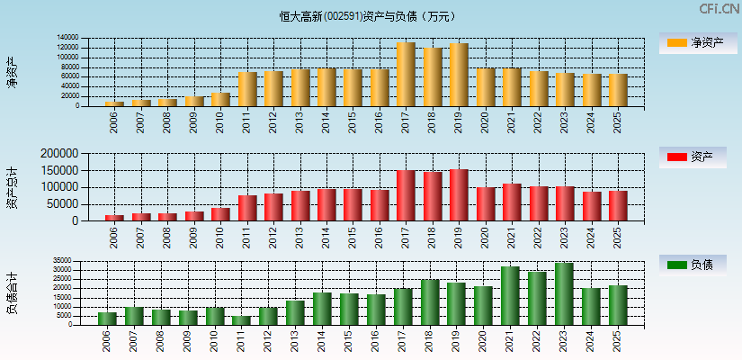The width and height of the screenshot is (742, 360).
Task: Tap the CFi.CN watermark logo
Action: (x=719, y=9)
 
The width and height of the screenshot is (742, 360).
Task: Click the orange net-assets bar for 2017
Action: (x=406, y=75)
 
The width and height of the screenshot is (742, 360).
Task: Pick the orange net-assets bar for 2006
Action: (x=114, y=103)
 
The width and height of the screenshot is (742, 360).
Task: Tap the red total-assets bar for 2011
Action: (x=247, y=208)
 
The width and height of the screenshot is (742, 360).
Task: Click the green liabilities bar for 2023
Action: (x=564, y=294)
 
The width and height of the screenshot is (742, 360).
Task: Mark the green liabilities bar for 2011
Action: (x=241, y=320)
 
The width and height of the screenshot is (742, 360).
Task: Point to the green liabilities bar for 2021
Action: (x=511, y=296)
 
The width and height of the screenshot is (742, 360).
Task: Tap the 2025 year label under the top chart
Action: (x=617, y=121)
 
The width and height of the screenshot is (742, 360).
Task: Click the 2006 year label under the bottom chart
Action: (x=107, y=340)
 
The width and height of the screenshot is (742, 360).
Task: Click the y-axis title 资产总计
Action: (x=12, y=187)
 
